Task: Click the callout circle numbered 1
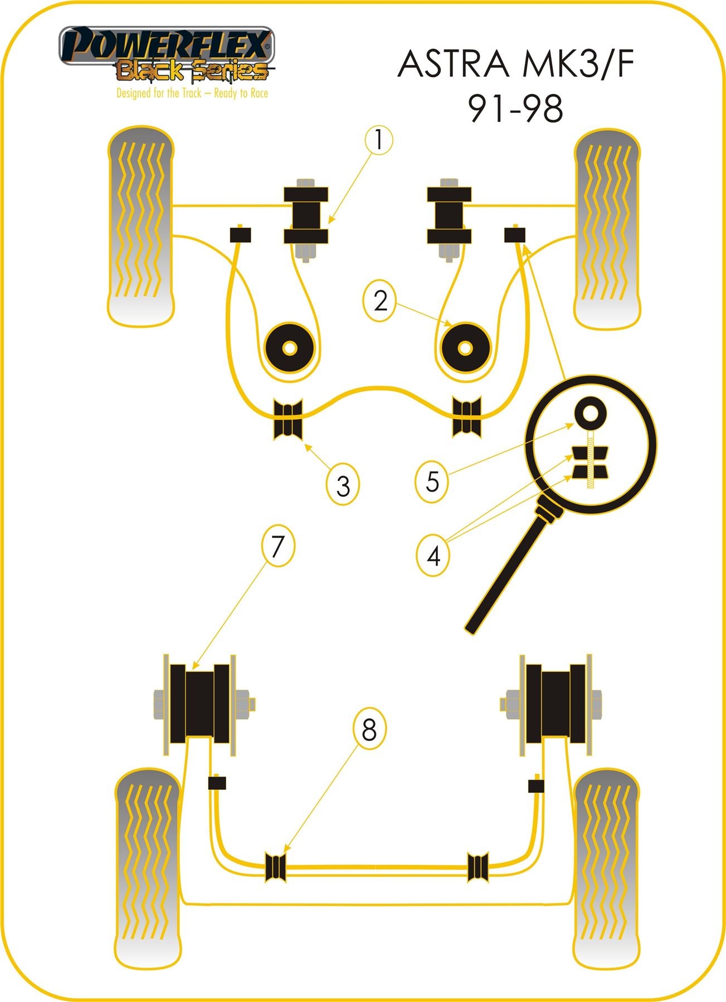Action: point(379,140)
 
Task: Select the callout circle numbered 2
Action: point(380,301)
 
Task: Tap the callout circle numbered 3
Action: point(343,485)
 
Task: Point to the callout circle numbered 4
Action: point(433,555)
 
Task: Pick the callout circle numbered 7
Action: point(277,546)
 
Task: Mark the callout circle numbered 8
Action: point(369,729)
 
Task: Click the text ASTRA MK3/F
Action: point(516,65)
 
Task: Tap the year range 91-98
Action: point(516,109)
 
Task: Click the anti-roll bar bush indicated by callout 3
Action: point(288,419)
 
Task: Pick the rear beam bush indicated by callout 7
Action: point(199,704)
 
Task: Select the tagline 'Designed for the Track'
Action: point(192,94)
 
